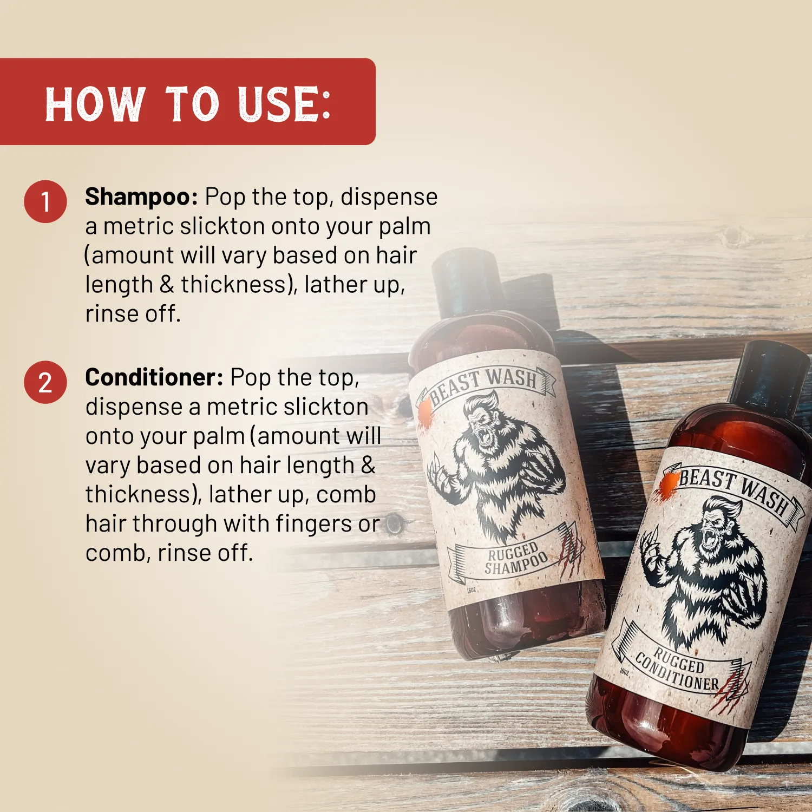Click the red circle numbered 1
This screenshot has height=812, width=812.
click(x=45, y=201)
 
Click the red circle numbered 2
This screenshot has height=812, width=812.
click(x=45, y=383)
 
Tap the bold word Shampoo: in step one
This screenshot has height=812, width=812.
click(x=141, y=197)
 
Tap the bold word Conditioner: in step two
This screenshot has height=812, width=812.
click(x=154, y=377)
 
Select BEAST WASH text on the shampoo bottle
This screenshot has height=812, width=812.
click(x=484, y=382)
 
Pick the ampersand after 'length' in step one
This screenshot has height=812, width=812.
click(x=167, y=285)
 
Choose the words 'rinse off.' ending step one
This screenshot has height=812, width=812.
click(x=133, y=314)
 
